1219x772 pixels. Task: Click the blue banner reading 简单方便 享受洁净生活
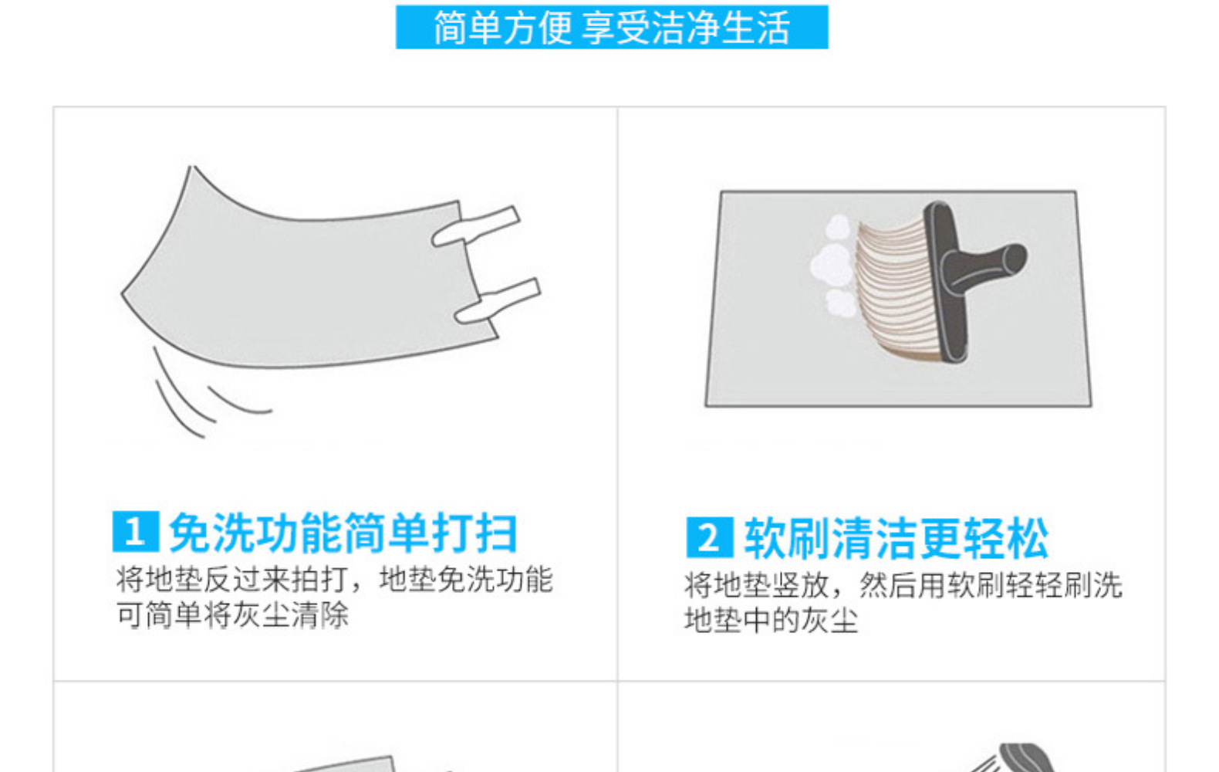tap(611, 27)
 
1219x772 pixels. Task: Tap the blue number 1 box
tap(135, 532)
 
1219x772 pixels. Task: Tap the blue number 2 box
tap(709, 537)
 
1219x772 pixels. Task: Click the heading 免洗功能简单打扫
tap(343, 533)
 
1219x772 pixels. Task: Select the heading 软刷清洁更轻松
tap(896, 538)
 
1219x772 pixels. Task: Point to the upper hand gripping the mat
tap(477, 226)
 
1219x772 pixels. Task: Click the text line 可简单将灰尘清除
tap(232, 615)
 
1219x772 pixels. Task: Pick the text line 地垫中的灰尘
tap(771, 620)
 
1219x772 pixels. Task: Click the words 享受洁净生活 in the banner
tap(685, 28)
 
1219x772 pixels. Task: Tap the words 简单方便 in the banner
tap(501, 28)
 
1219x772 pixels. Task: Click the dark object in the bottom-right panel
tap(1022, 757)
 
